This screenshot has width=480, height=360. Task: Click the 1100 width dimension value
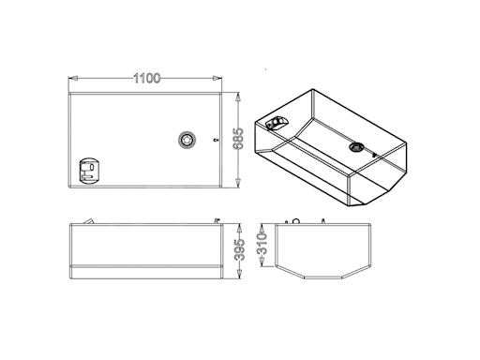[x=146, y=78]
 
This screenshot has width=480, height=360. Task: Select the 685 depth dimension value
[x=239, y=139]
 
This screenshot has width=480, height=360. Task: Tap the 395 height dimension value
[x=240, y=249]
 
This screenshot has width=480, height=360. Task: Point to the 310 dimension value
[x=262, y=243]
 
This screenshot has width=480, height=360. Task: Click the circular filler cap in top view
[x=187, y=140]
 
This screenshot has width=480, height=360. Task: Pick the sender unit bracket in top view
[x=89, y=171]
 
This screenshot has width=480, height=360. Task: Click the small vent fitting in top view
[x=215, y=140]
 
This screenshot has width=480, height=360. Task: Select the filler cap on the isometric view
[x=356, y=146]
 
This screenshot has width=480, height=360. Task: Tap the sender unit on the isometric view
[x=277, y=123]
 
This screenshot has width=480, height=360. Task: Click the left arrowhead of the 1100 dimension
[x=73, y=78]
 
